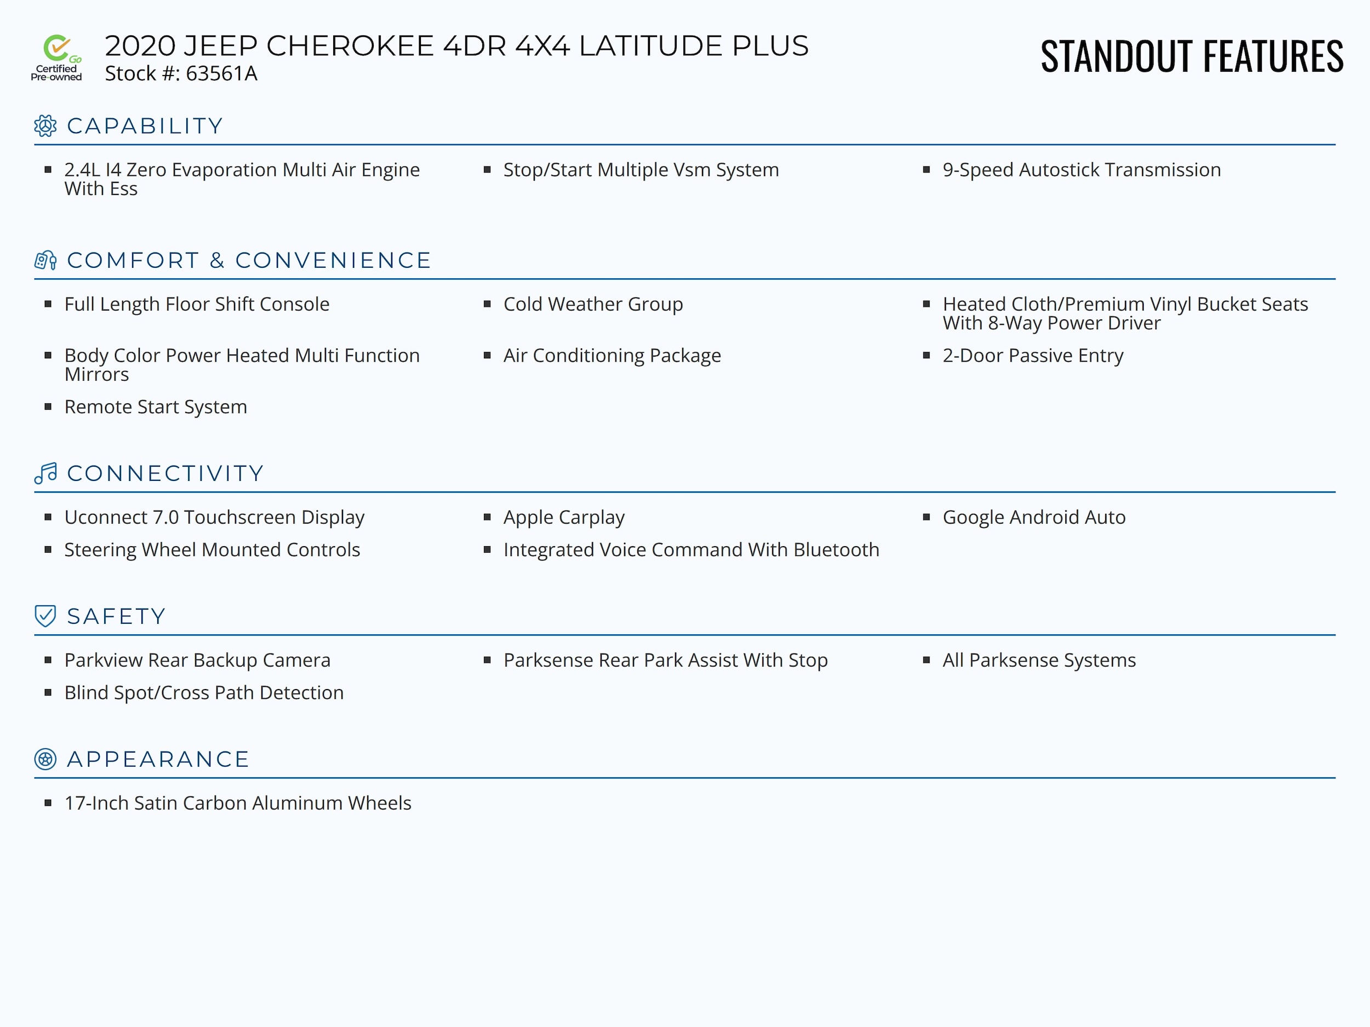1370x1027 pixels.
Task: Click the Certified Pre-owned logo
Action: [56, 58]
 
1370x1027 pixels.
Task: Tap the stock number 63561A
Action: [221, 73]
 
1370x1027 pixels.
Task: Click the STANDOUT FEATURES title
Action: [1191, 56]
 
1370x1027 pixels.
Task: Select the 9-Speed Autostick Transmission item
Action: [1081, 170]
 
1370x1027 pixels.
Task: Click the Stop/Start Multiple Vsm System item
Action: [641, 170]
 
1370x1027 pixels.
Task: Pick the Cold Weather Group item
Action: [593, 304]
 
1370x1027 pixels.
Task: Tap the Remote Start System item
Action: [156, 407]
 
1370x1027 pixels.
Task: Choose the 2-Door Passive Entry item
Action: [1032, 355]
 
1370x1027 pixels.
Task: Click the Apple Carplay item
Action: [563, 517]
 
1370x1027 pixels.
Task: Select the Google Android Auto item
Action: [1034, 517]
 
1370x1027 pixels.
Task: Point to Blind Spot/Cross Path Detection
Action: [204, 692]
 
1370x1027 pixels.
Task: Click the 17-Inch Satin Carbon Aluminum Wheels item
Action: [238, 803]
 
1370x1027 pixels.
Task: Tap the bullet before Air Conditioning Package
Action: [487, 355]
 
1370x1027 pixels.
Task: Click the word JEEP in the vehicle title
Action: [220, 46]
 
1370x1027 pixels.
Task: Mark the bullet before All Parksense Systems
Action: [927, 660]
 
